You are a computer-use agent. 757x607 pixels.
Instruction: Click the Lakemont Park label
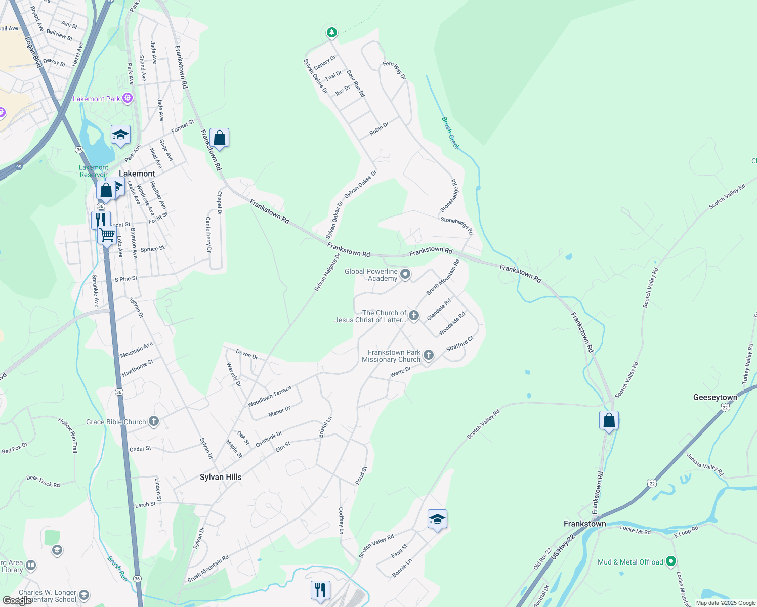[96, 99]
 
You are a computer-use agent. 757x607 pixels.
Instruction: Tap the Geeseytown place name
[715, 397]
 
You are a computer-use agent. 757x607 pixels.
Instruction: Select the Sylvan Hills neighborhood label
[221, 477]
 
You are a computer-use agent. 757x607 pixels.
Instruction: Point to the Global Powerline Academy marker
[405, 275]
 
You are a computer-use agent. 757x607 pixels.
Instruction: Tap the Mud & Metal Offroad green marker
[671, 561]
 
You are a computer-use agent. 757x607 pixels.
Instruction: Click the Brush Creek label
[450, 134]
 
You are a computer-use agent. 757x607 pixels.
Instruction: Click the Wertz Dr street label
[400, 373]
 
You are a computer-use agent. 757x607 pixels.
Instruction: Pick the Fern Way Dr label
[394, 70]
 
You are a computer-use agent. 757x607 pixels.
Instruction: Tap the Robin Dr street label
[379, 128]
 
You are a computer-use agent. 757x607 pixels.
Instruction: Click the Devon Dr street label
[247, 354]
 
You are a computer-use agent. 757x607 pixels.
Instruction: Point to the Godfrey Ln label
[341, 521]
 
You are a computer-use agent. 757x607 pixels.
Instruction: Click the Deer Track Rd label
[43, 481]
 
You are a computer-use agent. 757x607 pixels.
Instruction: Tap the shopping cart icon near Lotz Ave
[107, 235]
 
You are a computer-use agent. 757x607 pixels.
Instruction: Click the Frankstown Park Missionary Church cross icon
[429, 355]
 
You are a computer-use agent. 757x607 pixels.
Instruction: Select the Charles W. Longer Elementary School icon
[84, 595]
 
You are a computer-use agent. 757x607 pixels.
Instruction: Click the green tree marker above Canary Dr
[331, 33]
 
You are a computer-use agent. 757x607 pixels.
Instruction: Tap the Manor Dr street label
[279, 412]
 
